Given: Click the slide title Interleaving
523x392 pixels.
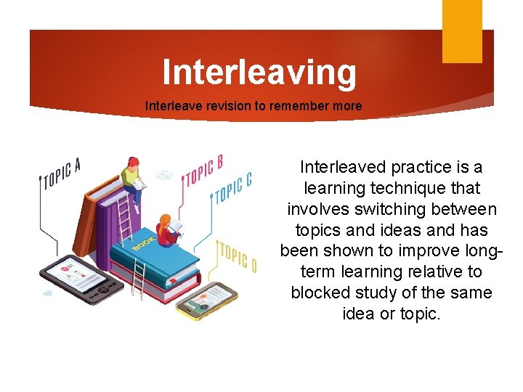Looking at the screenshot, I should tap(259, 73).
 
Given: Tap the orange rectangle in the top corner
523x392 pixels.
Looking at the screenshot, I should tap(462, 30).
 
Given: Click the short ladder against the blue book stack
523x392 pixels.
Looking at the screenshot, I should tap(138, 279).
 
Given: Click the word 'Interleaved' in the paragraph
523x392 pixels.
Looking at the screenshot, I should tap(345, 167).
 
